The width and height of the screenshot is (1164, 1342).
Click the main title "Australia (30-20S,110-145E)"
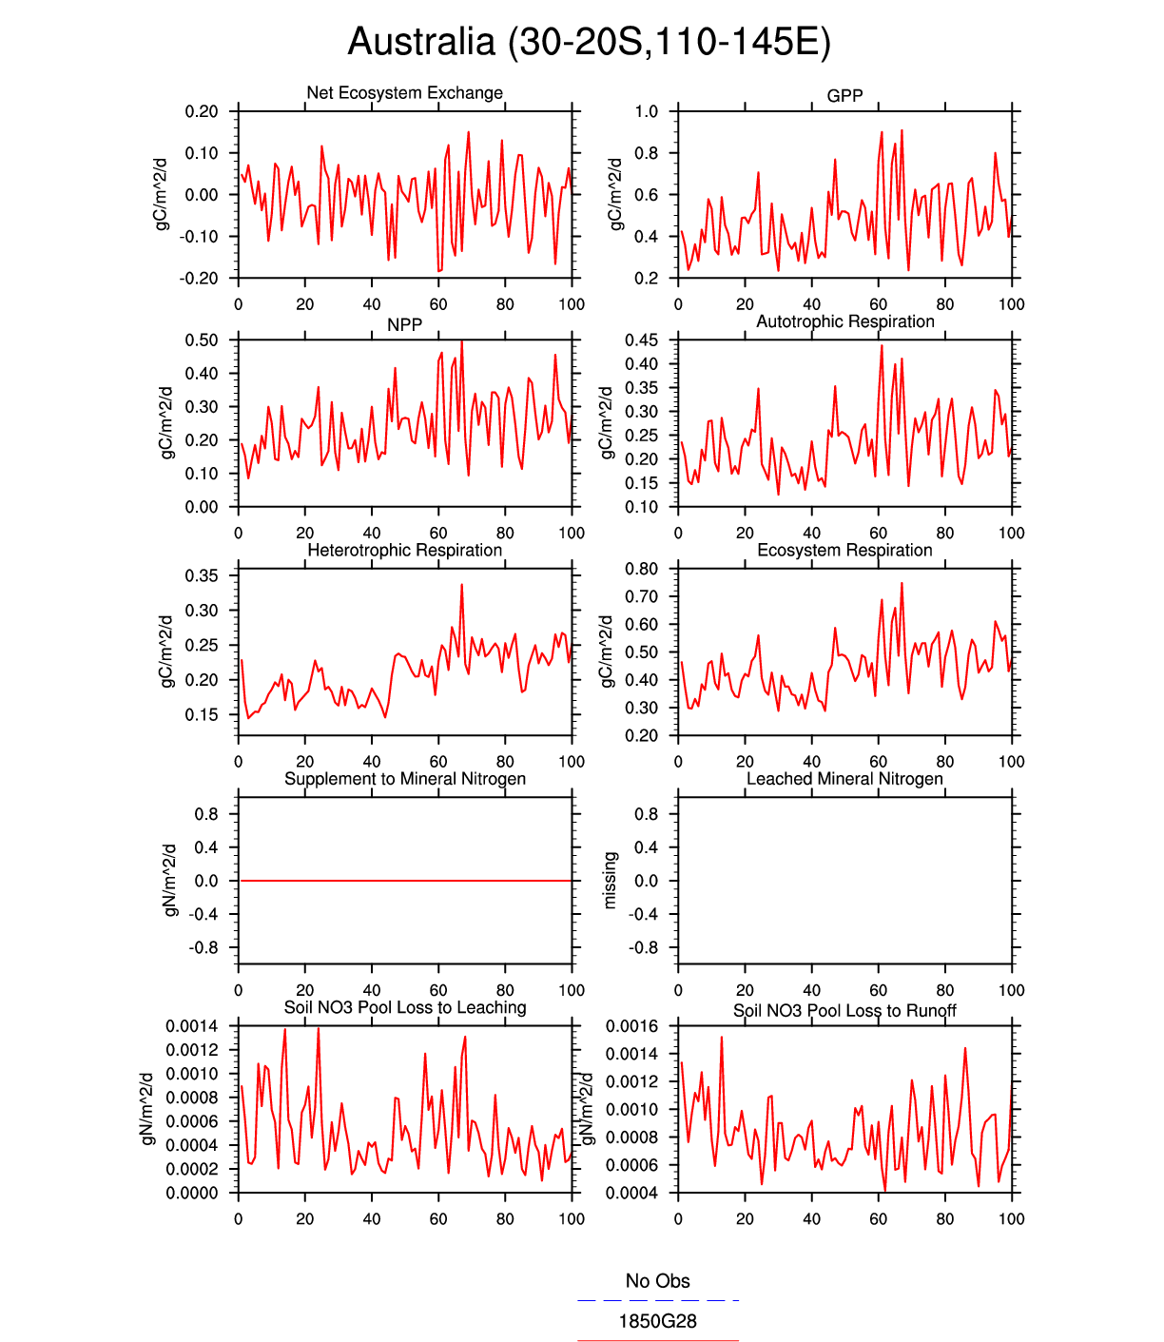tap(589, 42)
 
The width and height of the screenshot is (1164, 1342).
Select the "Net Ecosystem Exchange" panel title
tap(404, 93)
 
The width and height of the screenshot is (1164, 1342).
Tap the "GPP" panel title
tap(844, 96)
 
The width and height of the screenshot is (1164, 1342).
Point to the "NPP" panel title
tap(404, 324)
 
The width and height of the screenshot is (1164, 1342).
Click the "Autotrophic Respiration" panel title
tap(844, 321)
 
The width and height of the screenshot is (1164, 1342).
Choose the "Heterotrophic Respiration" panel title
tap(404, 551)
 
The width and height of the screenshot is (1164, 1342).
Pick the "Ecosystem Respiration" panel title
tap(844, 551)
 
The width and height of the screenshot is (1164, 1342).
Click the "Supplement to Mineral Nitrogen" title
tap(404, 779)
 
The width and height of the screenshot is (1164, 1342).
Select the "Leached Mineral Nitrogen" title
tap(844, 779)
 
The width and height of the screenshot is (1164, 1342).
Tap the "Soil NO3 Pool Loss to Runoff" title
tap(844, 1010)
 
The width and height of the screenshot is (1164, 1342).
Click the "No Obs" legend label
tap(657, 1281)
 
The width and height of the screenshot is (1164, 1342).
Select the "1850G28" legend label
tap(657, 1321)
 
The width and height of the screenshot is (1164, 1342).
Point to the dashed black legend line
tap(657, 1300)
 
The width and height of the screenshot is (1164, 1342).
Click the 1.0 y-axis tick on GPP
tap(647, 111)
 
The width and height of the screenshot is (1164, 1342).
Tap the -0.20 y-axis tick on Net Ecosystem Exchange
tap(199, 279)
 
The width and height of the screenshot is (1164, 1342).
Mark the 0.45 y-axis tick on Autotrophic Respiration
tap(641, 340)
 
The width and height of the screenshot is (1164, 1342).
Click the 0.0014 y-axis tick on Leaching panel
tap(191, 1026)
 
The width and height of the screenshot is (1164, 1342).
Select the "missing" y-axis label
tap(611, 880)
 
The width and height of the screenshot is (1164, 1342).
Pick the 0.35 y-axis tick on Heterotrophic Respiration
tap(202, 575)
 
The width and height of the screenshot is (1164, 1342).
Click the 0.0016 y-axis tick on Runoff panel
tap(631, 1026)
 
